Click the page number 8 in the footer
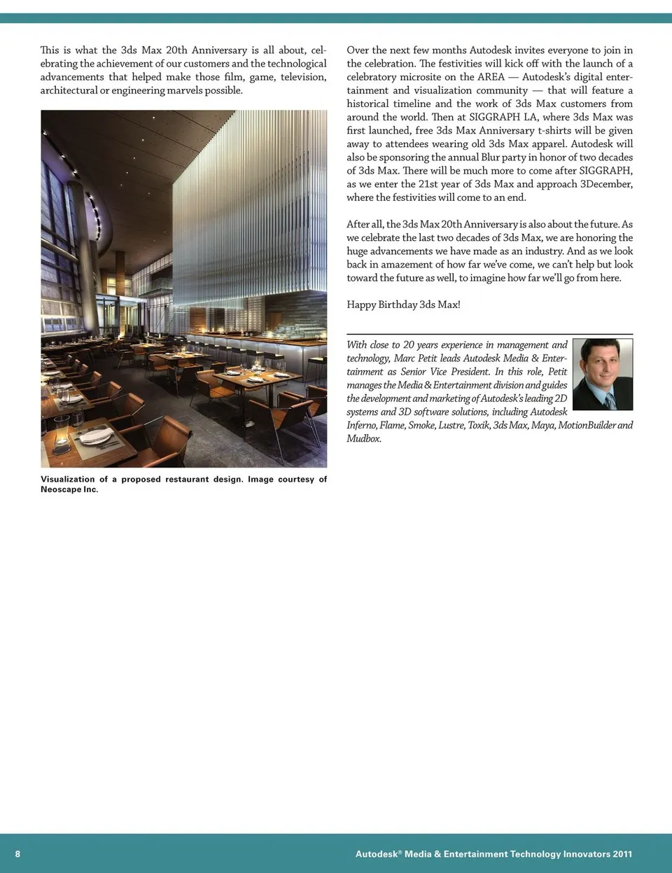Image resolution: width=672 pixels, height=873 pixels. tap(17, 853)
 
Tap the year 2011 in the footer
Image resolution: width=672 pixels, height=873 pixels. tap(622, 853)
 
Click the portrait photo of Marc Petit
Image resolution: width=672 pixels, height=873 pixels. tap(603, 374)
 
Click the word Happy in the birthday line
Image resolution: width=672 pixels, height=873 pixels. tap(360, 305)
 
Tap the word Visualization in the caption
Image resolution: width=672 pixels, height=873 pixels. tap(67, 479)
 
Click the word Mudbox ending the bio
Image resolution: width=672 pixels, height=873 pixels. tap(363, 438)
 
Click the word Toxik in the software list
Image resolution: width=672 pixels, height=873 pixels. tap(479, 425)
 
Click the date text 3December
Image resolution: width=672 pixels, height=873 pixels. tap(606, 183)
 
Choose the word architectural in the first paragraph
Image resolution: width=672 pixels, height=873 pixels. tap(69, 90)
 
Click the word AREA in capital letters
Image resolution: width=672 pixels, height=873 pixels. tap(491, 77)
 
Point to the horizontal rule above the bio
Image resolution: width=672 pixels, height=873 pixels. tap(489, 334)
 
